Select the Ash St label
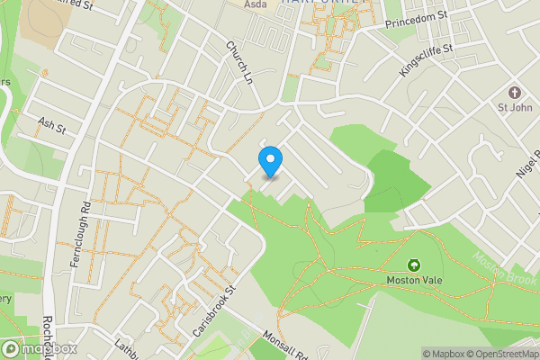[x=52, y=124]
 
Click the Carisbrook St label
[x=212, y=311]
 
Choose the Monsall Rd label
[x=285, y=344]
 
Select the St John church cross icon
[x=515, y=93]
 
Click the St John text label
[x=515, y=109]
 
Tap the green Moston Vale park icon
[x=414, y=265]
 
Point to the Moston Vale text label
[x=414, y=280]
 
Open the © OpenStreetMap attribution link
[x=496, y=353]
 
